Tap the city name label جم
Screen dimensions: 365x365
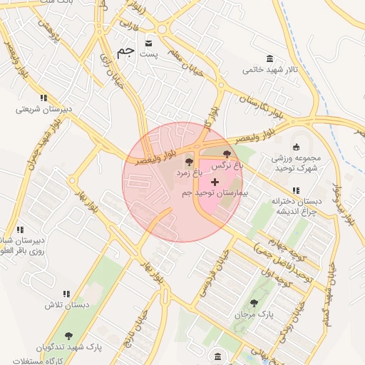coord(125,52)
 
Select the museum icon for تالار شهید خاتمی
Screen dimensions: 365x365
coord(269,58)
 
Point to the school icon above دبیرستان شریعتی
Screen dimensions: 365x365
coord(43,98)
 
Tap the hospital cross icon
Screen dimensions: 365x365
coord(215,182)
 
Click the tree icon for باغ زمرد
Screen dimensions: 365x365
coord(189,163)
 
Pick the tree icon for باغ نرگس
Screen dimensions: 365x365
coord(227,154)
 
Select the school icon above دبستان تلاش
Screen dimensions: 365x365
coord(66,293)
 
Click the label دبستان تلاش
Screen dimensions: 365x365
coord(66,304)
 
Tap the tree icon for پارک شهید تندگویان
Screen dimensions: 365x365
coord(69,335)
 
